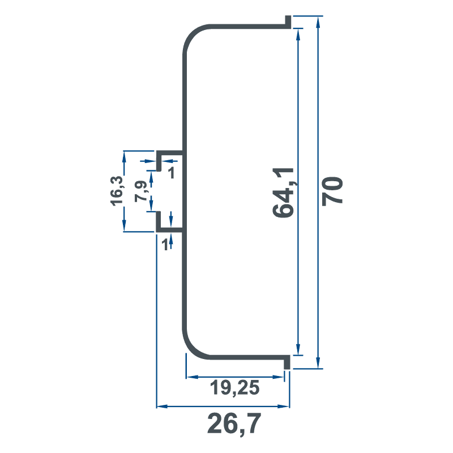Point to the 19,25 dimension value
[234, 388]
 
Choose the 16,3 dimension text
[117, 190]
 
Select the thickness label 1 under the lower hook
[165, 245]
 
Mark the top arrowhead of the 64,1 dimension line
[297, 33]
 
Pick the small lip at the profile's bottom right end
[288, 362]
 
